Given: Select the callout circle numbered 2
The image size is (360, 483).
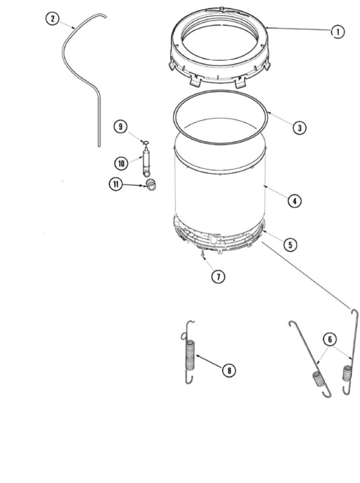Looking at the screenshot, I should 53,19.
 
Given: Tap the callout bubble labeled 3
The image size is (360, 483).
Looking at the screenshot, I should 298,128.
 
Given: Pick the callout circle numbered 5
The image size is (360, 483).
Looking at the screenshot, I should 290,244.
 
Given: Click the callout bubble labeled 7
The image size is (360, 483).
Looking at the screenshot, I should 218,277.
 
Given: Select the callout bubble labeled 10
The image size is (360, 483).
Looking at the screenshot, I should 121,162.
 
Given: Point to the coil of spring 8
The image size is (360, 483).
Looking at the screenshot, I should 190,354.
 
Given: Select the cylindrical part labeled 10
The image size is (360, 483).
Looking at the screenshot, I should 146,159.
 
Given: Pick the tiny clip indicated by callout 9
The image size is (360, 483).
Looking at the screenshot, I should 146,140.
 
